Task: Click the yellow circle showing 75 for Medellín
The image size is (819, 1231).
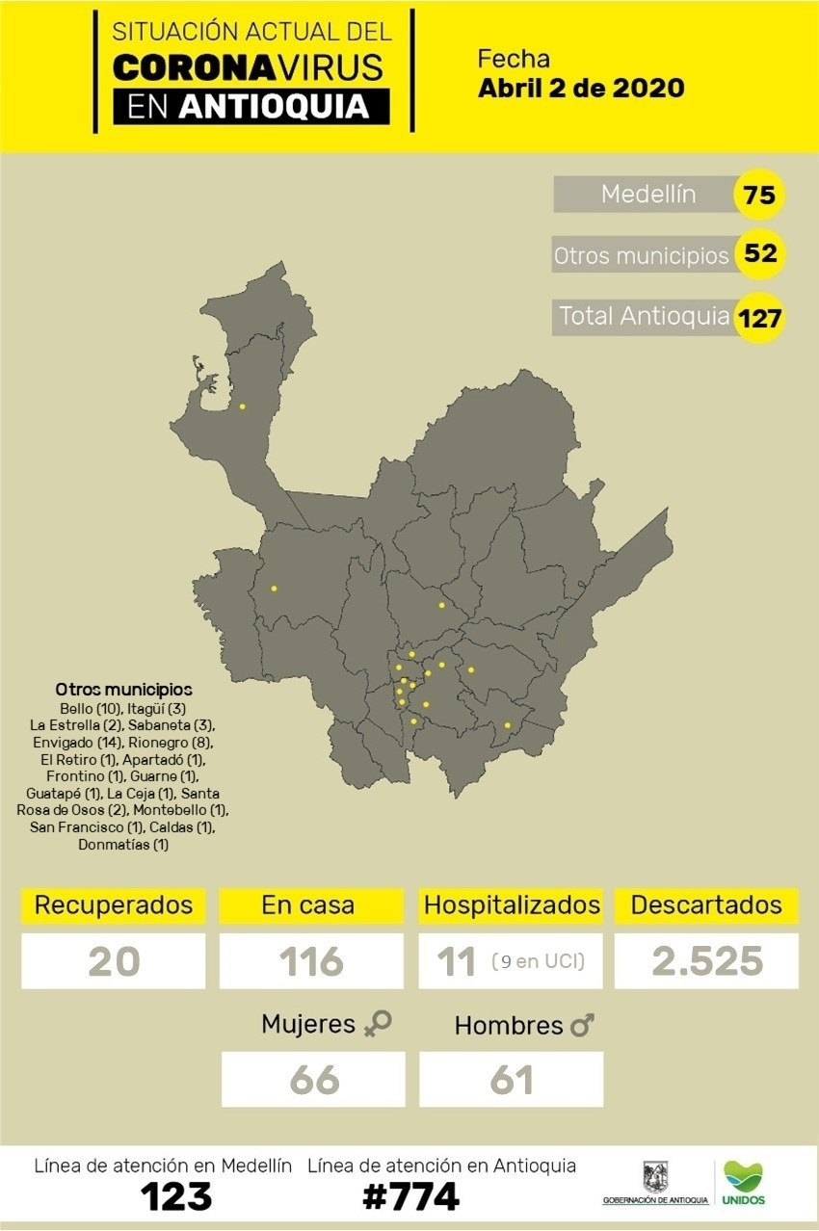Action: coord(759,195)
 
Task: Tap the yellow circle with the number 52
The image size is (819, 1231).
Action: coord(759,255)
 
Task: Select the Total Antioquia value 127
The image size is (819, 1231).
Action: coord(759,317)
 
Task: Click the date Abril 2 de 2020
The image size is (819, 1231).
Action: coord(581,89)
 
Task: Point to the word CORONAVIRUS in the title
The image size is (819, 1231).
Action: coord(249,66)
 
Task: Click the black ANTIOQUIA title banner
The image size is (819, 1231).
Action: coord(251,106)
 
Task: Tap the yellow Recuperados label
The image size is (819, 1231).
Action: coord(114,905)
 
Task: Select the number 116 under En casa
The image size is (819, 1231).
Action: coord(311,961)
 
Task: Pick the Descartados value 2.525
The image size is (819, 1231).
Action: coord(706,961)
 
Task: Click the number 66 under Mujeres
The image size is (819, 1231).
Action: coord(314,1080)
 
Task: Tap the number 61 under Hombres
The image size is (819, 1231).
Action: coord(512,1080)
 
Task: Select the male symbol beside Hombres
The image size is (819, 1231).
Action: coord(582,1027)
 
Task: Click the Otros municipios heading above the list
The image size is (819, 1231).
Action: coord(123,690)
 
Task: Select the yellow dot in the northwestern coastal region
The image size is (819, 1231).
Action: coord(242,406)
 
